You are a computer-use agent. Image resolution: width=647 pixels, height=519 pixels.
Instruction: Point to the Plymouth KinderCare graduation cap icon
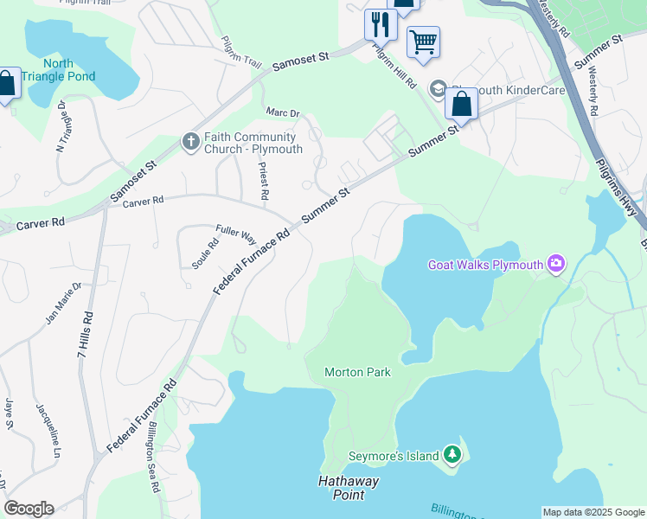tap(439, 90)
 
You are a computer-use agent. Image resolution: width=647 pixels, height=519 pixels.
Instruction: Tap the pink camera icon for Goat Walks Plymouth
tap(556, 263)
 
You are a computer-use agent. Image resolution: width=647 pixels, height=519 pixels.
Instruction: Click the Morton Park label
tap(357, 373)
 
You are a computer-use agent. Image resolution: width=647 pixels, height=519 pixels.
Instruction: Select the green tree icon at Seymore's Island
tap(451, 453)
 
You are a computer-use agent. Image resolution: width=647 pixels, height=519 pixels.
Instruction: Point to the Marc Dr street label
tap(282, 113)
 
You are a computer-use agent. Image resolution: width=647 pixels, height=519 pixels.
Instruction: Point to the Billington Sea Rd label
tap(153, 458)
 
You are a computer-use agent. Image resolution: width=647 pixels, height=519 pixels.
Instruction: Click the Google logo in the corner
tap(29, 508)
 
